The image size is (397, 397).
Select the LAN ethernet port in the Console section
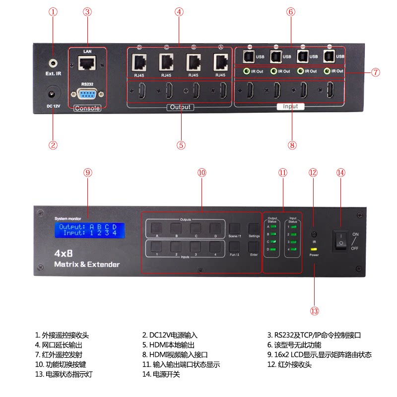click(x=87, y=63)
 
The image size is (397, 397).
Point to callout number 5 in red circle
click(x=181, y=145)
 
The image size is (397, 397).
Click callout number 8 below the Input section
click(x=292, y=145)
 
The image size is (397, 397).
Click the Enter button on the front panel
click(x=254, y=246)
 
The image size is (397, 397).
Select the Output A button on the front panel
click(x=152, y=228)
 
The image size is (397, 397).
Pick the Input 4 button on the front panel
click(x=214, y=246)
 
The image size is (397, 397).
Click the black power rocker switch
click(x=341, y=240)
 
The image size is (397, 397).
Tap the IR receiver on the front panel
click(x=314, y=234)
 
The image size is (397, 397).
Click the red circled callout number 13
click(x=314, y=311)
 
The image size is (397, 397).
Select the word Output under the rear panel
click(x=180, y=107)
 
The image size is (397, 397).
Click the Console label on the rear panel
click(x=87, y=108)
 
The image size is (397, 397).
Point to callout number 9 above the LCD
click(x=88, y=173)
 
